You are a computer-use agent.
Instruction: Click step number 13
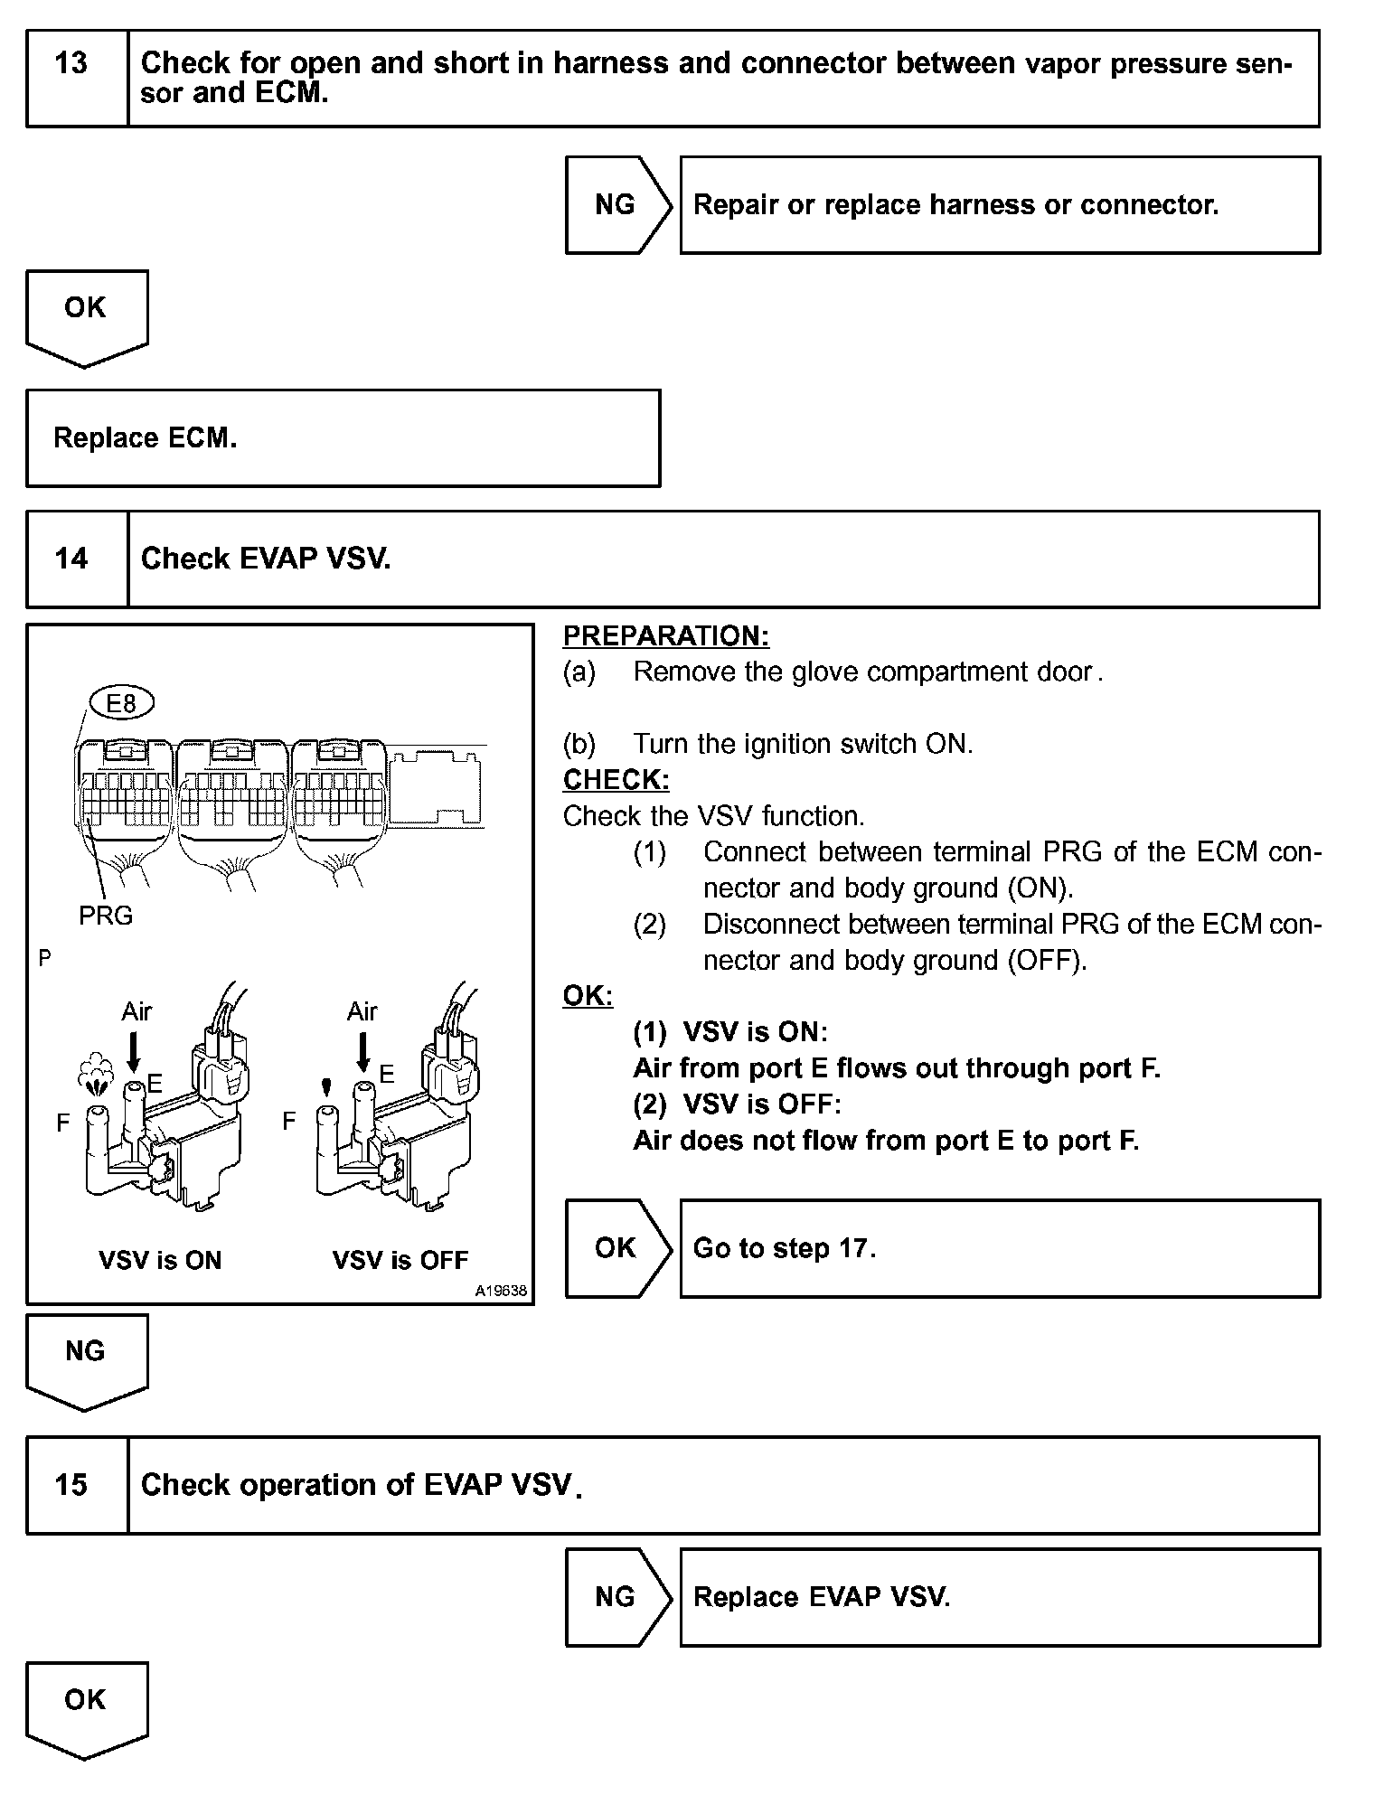click(x=72, y=64)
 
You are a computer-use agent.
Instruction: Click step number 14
click(x=72, y=559)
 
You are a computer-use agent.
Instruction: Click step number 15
click(x=72, y=1485)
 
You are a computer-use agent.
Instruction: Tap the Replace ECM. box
click(x=343, y=438)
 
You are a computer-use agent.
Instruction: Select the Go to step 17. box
click(x=999, y=1249)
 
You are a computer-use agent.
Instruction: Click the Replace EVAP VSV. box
click(x=999, y=1597)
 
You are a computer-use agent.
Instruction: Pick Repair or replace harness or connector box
click(x=999, y=205)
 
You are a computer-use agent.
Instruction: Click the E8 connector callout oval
click(x=121, y=702)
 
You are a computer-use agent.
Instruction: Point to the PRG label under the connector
click(x=106, y=916)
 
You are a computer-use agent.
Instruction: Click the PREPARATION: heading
click(x=666, y=636)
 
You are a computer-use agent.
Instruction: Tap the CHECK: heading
click(x=616, y=780)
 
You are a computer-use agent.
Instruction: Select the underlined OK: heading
click(x=588, y=996)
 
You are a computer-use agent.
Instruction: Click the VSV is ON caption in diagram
click(x=160, y=1261)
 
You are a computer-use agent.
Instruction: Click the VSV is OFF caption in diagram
click(x=400, y=1261)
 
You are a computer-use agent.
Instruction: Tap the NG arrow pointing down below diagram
click(x=86, y=1358)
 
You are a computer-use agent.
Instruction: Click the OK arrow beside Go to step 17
click(x=617, y=1249)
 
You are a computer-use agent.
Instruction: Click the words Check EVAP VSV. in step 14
click(x=266, y=559)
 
